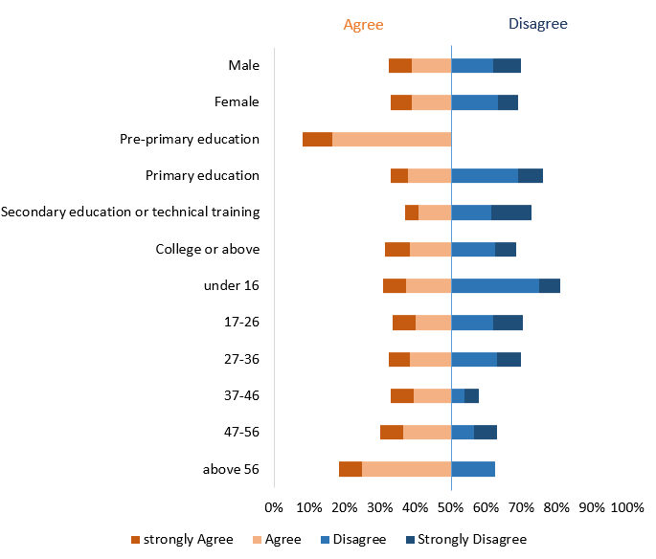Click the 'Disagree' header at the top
click(x=537, y=23)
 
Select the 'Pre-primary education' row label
click(x=189, y=139)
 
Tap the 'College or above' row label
click(x=207, y=249)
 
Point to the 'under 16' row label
click(x=231, y=285)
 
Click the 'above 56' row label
click(x=231, y=469)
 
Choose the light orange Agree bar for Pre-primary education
click(x=391, y=139)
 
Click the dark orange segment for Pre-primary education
click(x=317, y=139)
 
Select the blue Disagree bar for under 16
click(x=494, y=285)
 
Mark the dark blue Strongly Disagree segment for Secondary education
click(x=511, y=212)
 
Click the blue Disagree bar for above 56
click(x=473, y=469)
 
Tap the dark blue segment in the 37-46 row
click(x=471, y=395)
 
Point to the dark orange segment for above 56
click(x=350, y=469)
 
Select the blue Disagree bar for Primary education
click(x=484, y=175)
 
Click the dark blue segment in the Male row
click(x=507, y=65)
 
